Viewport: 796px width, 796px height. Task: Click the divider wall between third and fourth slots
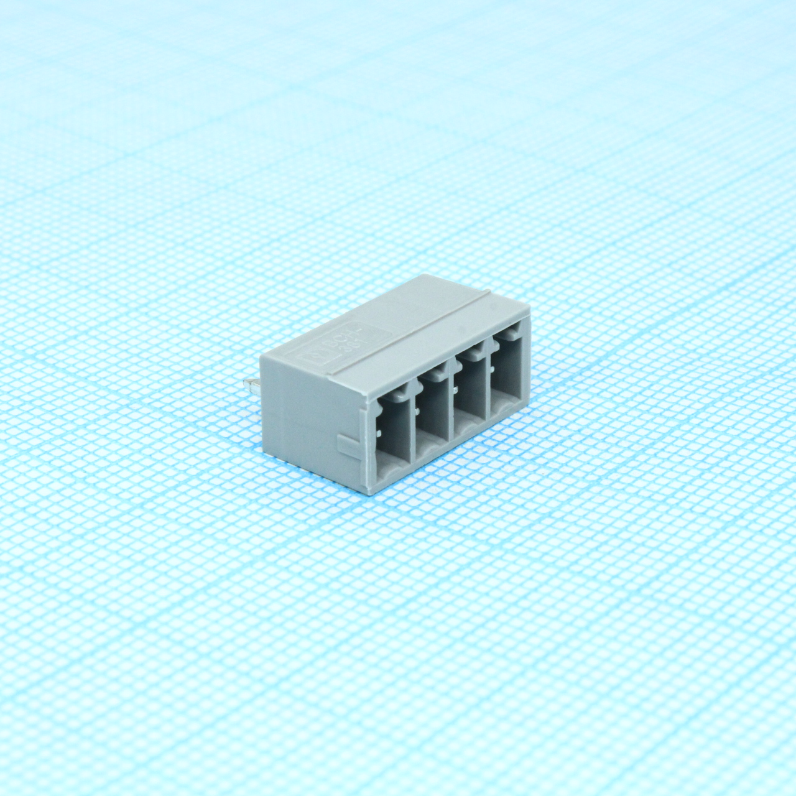click(x=488, y=386)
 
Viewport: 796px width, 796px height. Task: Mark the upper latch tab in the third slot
click(x=474, y=353)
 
